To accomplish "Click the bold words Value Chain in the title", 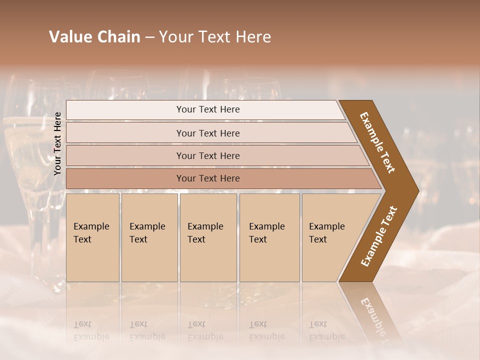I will click(94, 37).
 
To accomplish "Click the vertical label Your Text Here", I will click(57, 143).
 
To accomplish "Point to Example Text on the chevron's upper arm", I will click(377, 142).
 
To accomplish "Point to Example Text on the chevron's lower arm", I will click(379, 236).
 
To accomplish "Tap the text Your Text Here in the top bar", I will click(208, 109).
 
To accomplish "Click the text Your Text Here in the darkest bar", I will click(208, 178).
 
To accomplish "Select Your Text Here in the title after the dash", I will click(215, 37).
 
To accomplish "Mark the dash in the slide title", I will click(149, 37).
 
